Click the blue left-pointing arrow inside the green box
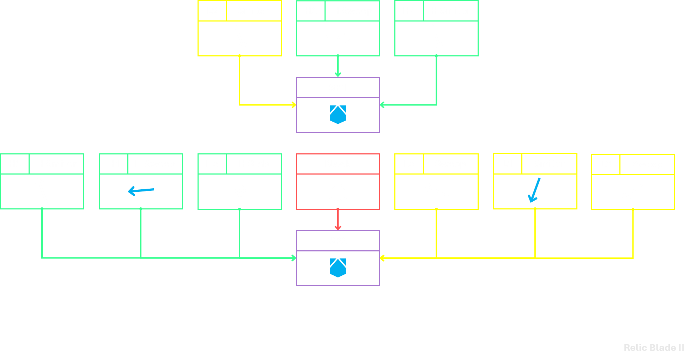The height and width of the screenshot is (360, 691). click(x=141, y=191)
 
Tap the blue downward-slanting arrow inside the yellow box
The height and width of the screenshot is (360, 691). click(x=534, y=190)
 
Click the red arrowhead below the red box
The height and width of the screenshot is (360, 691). click(x=338, y=227)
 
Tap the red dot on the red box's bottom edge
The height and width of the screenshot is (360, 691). click(x=338, y=209)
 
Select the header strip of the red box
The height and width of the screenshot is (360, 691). click(x=338, y=164)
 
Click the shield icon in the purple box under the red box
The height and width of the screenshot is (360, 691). click(x=338, y=268)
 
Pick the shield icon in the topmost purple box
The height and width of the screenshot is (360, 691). click(x=338, y=115)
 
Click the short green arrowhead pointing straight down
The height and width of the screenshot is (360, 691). click(x=338, y=74)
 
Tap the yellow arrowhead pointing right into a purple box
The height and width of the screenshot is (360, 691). click(x=293, y=105)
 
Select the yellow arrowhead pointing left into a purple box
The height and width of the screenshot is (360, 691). click(x=383, y=258)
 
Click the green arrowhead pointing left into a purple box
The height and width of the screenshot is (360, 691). click(x=383, y=105)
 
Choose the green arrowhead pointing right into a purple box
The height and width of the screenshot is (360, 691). click(x=293, y=258)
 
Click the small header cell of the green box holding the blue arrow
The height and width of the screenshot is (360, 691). click(x=114, y=164)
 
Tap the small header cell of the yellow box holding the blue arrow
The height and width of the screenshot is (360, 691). click(x=508, y=164)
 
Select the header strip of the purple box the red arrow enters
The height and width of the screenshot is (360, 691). click(x=338, y=241)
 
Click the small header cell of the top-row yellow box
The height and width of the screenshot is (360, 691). click(x=212, y=11)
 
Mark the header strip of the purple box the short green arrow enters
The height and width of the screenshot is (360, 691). click(x=338, y=87)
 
